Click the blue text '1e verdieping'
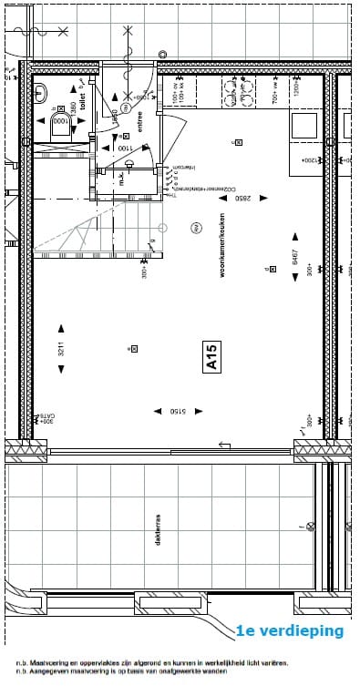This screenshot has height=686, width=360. tap(290, 630)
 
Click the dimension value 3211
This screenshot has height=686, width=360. tap(61, 348)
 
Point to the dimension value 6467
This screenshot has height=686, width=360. tap(295, 258)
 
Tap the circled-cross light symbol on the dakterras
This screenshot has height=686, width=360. tap(310, 526)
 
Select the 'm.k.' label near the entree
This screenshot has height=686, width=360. tap(120, 179)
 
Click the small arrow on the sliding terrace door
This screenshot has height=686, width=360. tap(221, 445)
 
